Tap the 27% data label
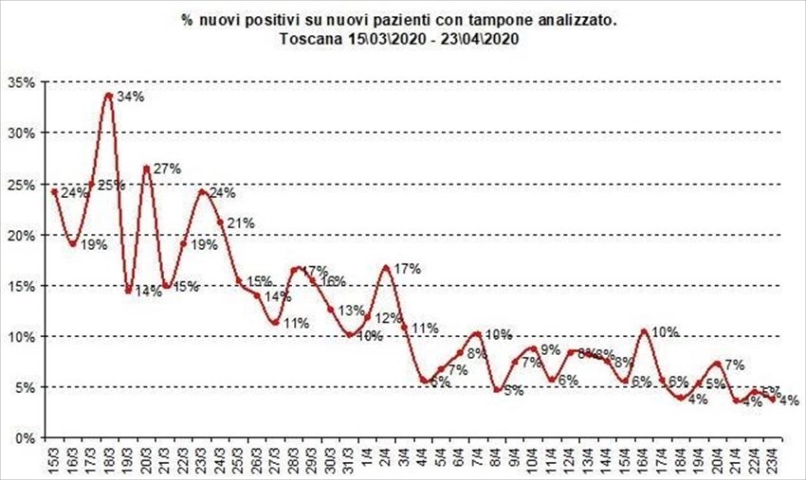pos(166,169)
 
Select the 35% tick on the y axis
pos(21,82)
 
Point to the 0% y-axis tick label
pos(25,438)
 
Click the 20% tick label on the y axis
pos(21,235)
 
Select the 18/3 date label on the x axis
pos(110,463)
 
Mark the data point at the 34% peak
pos(110,95)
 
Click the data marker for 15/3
pos(55,191)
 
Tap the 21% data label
pos(239,222)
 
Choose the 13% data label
pos(352,310)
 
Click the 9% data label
pos(551,349)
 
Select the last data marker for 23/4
pos(774,399)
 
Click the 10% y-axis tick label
pos(21,336)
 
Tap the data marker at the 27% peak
pos(147,169)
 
